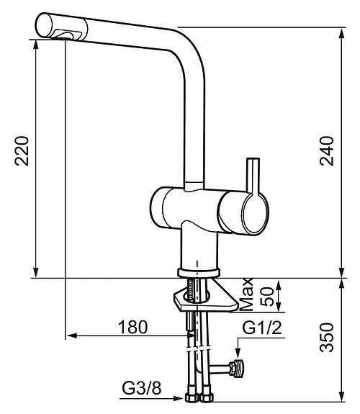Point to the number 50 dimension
(266, 295)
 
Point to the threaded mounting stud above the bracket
(193, 291)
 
